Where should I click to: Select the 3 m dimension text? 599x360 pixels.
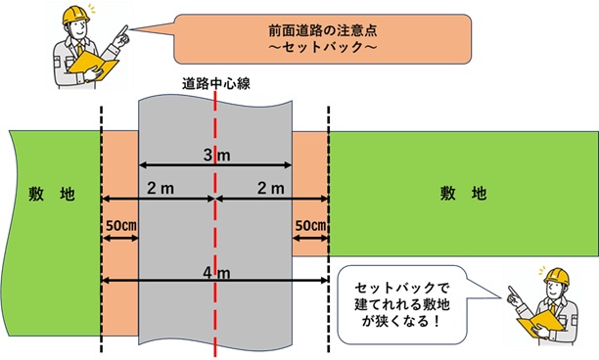click(x=213, y=155)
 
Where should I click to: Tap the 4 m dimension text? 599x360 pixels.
click(x=213, y=272)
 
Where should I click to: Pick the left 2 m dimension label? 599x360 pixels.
click(x=157, y=187)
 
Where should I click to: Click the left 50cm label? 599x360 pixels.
click(x=120, y=225)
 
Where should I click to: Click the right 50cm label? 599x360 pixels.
click(x=310, y=225)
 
